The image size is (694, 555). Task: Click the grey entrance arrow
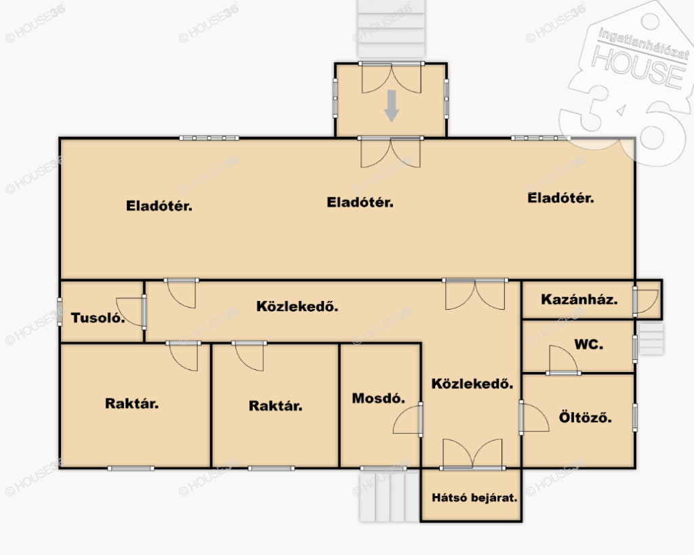(x=391, y=105)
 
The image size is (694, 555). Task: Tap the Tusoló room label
(x=98, y=318)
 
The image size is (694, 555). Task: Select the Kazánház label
(x=579, y=300)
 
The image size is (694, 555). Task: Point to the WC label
(x=589, y=344)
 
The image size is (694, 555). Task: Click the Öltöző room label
(x=585, y=417)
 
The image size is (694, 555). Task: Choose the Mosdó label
(x=378, y=398)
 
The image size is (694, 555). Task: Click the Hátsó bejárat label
(x=474, y=497)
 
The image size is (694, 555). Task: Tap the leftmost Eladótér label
(x=159, y=206)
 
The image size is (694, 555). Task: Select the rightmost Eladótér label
(x=560, y=198)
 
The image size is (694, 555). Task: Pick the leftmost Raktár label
(x=132, y=404)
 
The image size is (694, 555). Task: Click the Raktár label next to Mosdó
(x=276, y=406)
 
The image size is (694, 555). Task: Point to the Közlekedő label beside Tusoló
(x=298, y=306)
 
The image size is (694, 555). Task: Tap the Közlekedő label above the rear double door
(x=472, y=384)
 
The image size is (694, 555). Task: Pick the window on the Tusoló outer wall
(x=60, y=312)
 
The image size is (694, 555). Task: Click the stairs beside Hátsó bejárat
(x=389, y=495)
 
